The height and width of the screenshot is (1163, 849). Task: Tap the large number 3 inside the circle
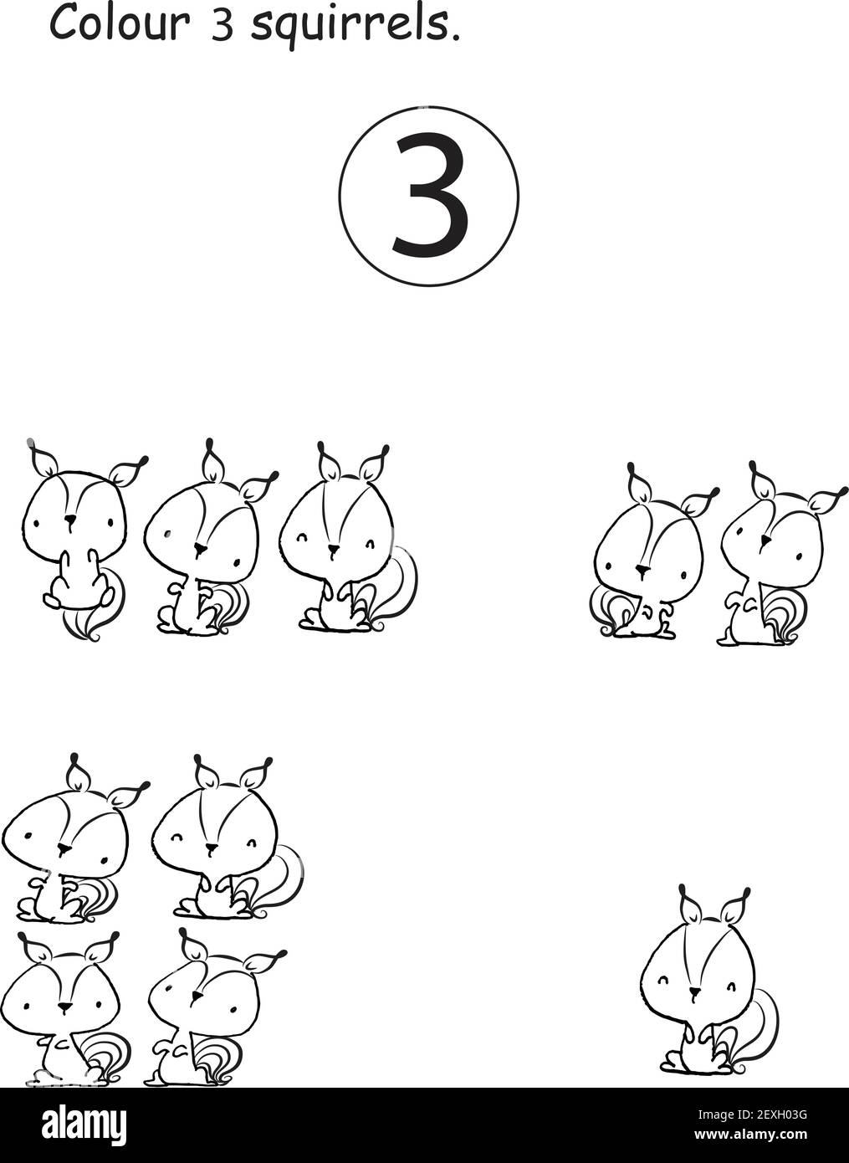429,195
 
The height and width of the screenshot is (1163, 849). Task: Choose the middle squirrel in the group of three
205,552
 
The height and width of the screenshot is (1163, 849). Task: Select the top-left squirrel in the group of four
67,845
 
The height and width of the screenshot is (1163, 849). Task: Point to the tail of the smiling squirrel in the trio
400,586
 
